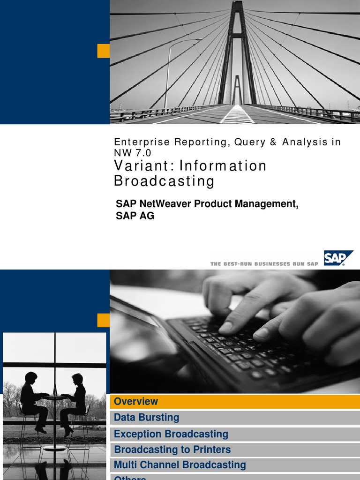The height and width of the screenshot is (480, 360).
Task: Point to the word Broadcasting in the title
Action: coord(164,181)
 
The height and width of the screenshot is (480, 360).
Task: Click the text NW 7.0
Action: coord(133,152)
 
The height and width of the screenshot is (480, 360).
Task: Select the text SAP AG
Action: coord(135,216)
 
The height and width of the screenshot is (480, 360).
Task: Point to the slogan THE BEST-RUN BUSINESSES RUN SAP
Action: coord(264,264)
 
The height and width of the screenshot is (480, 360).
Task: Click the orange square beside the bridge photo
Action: coord(103,51)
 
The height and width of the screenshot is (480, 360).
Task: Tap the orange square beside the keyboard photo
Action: coord(103,321)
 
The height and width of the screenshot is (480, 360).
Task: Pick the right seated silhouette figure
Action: coord(75,401)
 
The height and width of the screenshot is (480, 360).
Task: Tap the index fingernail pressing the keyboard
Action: coord(226,328)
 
